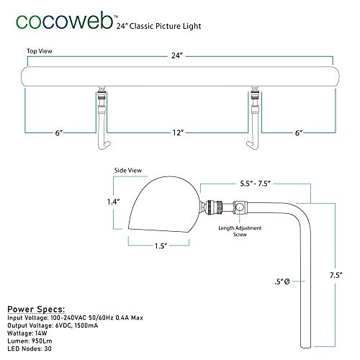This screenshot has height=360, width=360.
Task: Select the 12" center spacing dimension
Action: click(178, 132)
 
